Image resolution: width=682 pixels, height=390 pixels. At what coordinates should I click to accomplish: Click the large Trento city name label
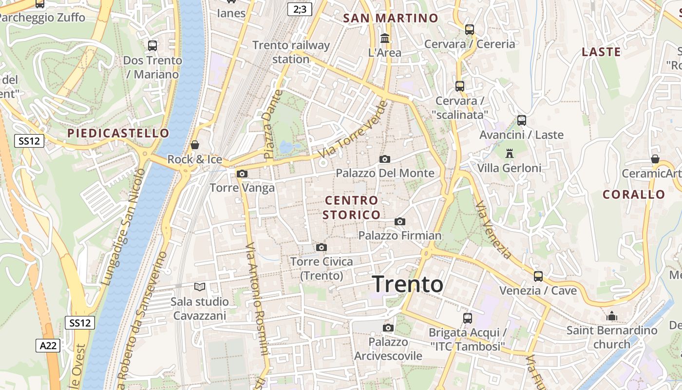coord(408,284)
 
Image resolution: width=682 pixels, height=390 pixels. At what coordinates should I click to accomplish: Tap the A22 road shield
coord(48,346)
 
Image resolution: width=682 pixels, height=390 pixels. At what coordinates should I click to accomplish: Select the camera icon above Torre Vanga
coord(242,174)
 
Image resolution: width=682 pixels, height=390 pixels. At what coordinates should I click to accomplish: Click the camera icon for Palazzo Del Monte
coord(384,159)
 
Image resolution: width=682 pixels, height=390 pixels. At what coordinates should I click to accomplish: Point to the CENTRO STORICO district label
coord(351,207)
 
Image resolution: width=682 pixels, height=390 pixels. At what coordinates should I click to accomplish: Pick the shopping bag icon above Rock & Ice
coord(195,145)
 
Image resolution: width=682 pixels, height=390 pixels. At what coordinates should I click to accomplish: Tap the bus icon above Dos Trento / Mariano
coord(152,46)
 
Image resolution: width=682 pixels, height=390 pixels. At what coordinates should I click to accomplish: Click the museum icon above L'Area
coord(385,38)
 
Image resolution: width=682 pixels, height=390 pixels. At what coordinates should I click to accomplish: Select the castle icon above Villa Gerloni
coord(510,154)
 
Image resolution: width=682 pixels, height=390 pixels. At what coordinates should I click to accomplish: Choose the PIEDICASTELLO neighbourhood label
coord(118,133)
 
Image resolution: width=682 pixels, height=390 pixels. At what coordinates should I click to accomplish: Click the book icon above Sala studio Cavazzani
coord(199,287)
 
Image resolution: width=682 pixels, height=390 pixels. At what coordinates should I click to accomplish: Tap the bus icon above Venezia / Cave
coord(538,276)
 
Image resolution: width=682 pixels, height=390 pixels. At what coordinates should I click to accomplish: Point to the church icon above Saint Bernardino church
coord(612,316)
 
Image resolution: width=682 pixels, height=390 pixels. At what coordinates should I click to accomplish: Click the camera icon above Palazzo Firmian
coord(400,221)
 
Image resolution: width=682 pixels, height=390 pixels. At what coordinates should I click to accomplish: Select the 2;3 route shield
coord(299,9)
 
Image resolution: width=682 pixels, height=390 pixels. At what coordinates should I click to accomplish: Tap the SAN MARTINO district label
coord(391,19)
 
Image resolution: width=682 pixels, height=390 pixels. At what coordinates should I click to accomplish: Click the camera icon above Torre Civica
coord(321,247)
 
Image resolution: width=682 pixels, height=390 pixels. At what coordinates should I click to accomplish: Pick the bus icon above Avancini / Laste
coord(522,120)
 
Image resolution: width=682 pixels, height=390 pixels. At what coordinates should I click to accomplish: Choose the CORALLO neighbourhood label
coord(634,195)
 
